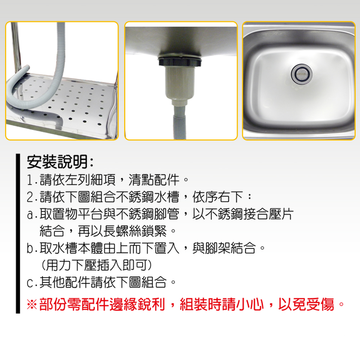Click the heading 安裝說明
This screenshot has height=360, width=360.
[x=57, y=162]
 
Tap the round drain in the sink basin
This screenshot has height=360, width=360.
[x=301, y=74]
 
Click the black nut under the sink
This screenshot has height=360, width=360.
[x=180, y=62]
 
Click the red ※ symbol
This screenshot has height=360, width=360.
[x=32, y=305]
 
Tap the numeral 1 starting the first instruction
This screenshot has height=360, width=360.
[x=30, y=180]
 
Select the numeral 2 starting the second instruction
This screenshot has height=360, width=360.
[x=30, y=197]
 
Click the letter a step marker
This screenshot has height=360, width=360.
[x=31, y=215]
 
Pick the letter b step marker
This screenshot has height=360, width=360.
[x=30, y=248]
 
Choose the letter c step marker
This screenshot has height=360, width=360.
[x=30, y=283]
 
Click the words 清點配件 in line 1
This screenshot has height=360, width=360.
[x=154, y=180]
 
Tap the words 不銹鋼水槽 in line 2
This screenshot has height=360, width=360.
[x=147, y=197]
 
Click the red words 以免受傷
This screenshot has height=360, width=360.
[x=306, y=305]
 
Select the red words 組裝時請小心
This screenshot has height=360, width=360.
[x=221, y=305]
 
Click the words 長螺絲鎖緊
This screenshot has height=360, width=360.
[x=135, y=231]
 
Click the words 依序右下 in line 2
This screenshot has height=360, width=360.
[x=218, y=197]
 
